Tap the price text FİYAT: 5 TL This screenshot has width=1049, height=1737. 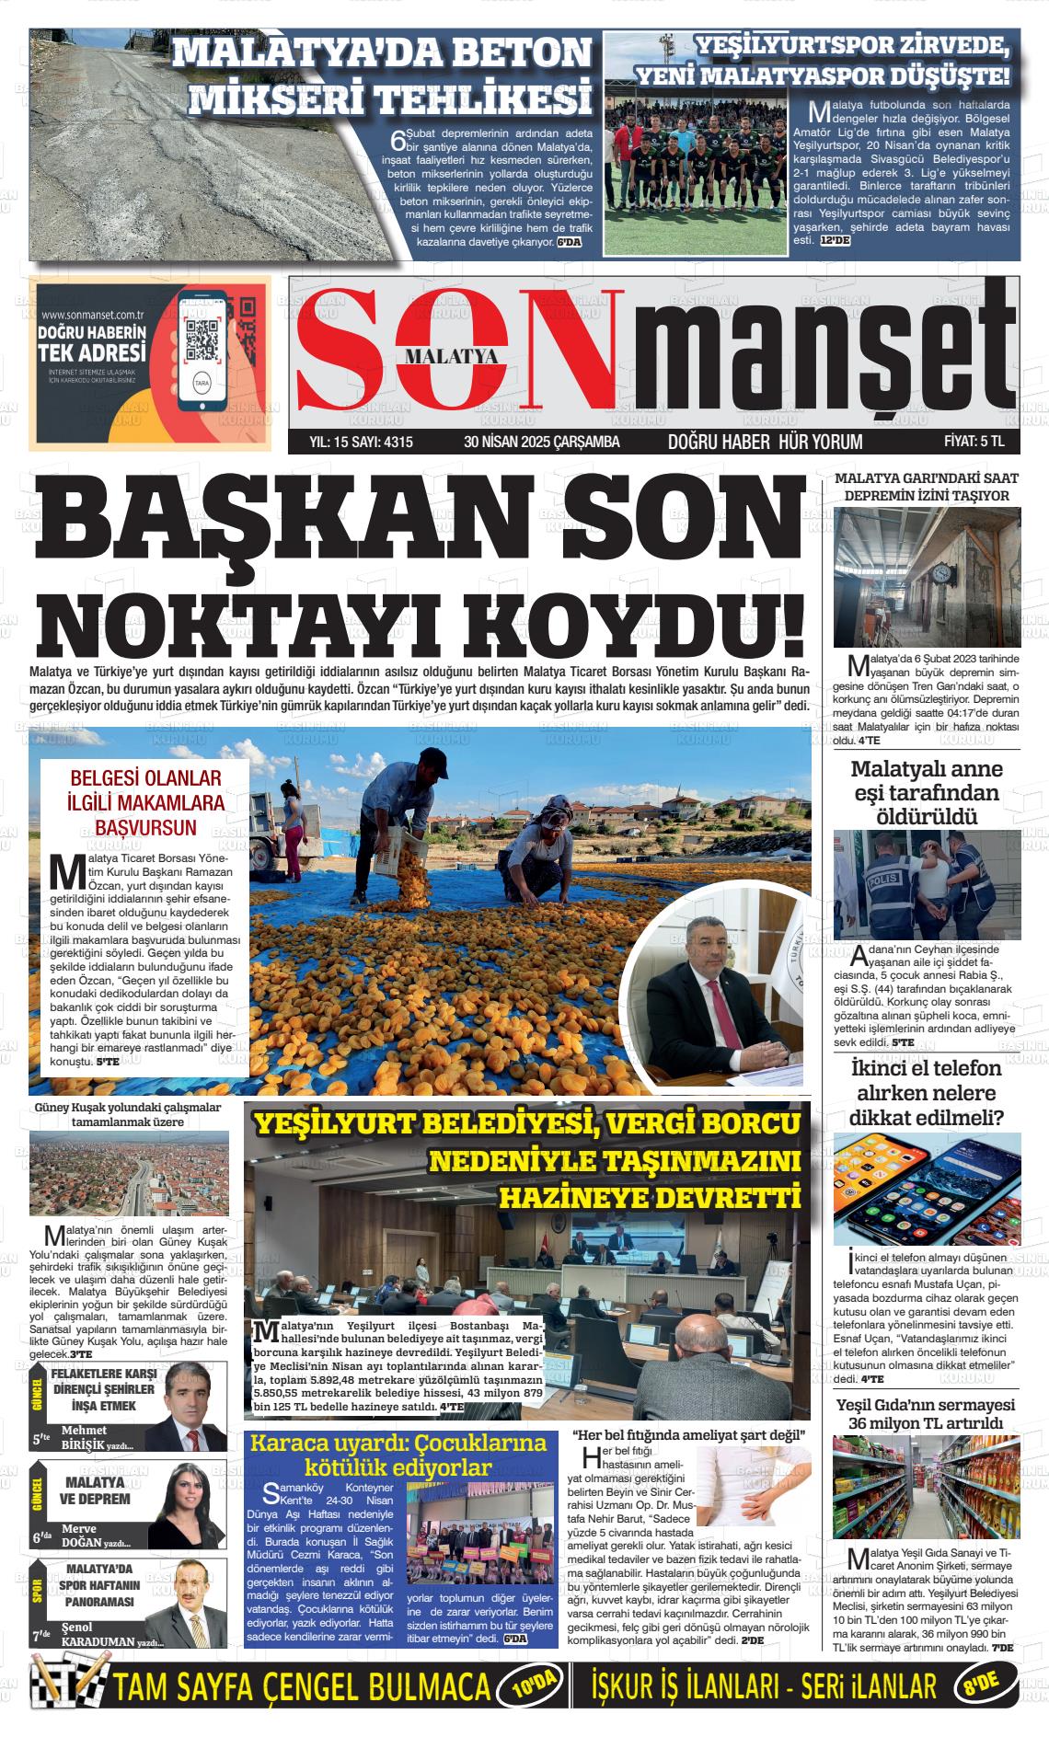coord(974,442)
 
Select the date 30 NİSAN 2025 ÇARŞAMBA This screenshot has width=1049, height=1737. coord(542,443)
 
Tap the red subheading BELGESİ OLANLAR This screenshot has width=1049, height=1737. coord(146,778)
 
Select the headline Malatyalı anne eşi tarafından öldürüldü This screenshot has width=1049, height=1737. coord(927,792)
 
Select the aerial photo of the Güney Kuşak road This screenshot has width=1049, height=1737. coord(129,1174)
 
